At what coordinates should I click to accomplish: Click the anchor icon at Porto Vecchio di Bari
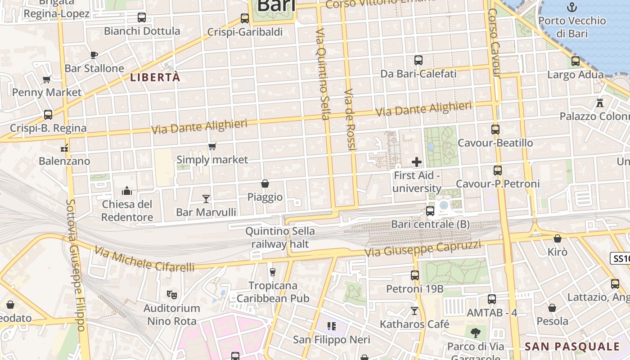tap(571, 7)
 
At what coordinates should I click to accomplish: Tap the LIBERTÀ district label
tap(155, 77)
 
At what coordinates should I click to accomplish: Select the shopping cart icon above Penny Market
tap(46, 80)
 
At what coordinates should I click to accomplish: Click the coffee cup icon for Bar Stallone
tap(94, 55)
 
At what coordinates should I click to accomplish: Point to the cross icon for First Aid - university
tap(417, 162)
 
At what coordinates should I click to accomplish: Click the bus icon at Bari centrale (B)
tap(430, 211)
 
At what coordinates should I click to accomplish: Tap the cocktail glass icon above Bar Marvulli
tap(206, 198)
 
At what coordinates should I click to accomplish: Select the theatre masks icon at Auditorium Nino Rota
tap(171, 295)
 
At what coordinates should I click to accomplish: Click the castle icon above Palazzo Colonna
tap(599, 103)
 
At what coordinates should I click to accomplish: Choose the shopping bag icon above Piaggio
tap(265, 184)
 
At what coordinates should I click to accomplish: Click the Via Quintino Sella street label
tap(323, 74)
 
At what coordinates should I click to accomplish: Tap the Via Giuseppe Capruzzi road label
tap(423, 249)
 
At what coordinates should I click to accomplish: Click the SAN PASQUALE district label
tap(572, 346)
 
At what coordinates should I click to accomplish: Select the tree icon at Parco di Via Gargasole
tap(476, 333)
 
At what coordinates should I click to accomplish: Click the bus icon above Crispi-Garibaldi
tap(245, 18)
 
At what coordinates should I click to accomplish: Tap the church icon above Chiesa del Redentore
tap(127, 191)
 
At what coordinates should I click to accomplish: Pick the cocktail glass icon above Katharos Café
tap(414, 310)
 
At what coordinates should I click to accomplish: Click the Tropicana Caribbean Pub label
tap(273, 292)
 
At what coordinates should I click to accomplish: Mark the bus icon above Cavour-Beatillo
tap(495, 130)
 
